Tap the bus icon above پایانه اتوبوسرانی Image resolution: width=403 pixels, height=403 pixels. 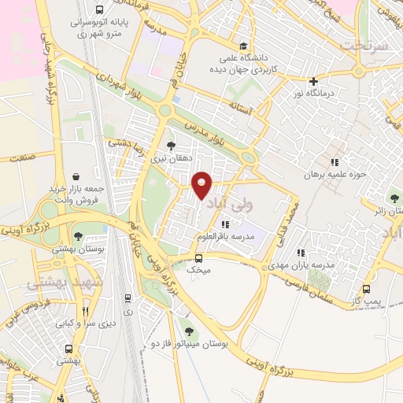(x=99, y=10)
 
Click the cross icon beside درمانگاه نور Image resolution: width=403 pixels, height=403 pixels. (x=313, y=81)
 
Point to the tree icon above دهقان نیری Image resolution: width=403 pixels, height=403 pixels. (x=171, y=145)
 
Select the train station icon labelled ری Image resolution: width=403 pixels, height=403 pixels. (x=128, y=298)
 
